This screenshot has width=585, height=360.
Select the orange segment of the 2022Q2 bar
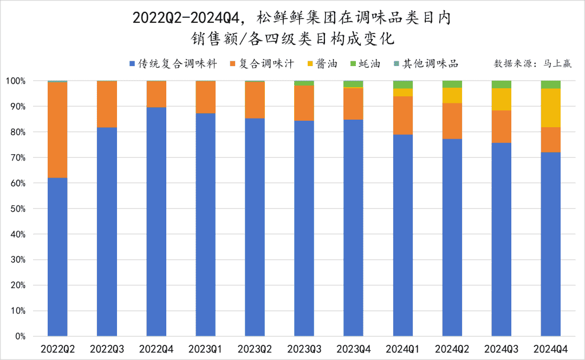pos(57,129)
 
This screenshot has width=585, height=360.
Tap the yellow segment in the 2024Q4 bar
pos(550,108)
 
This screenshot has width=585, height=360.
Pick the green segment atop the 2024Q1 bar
pos(402,84)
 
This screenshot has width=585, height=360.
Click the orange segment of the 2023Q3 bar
pos(304,103)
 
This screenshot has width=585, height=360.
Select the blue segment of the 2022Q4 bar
pos(156,221)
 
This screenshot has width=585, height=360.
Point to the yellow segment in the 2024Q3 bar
pos(501,99)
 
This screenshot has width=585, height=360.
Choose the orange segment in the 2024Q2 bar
pos(452,121)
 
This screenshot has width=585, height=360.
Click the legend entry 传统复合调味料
pos(173,64)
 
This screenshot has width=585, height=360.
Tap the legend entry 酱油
pos(322,64)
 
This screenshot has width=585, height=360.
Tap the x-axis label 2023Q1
pos(205,349)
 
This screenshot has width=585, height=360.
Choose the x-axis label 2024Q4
pos(550,349)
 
